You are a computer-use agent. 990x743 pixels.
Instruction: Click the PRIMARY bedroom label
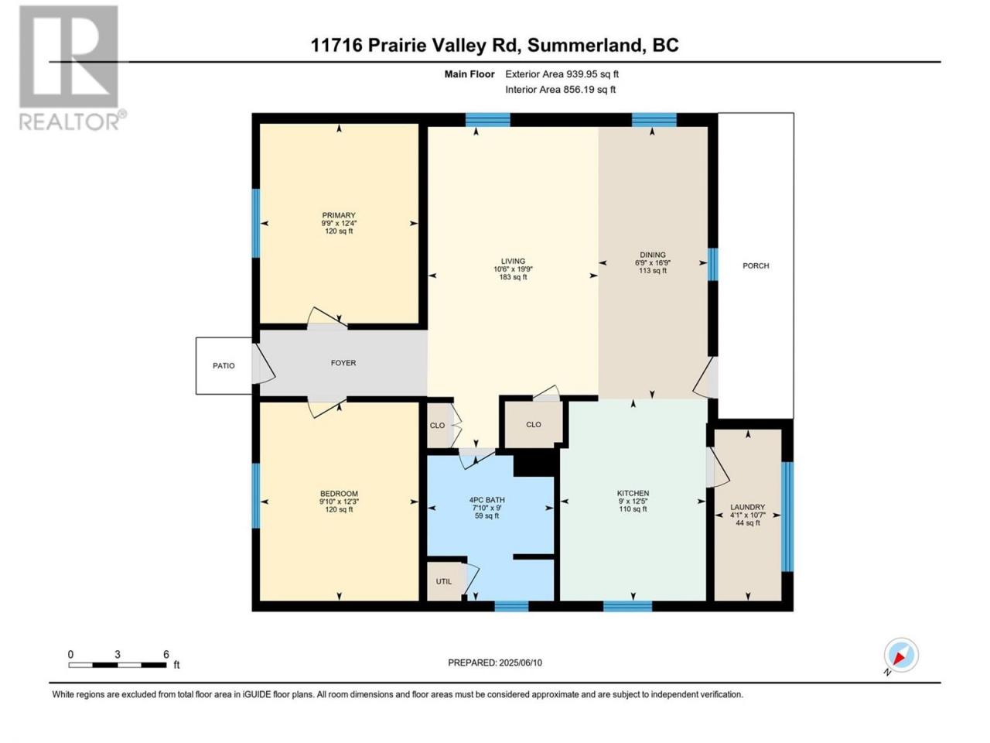coord(338,215)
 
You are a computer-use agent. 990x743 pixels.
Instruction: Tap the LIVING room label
coord(513,261)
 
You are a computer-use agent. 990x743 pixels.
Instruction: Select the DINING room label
coord(652,255)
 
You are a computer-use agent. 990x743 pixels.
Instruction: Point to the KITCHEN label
coord(633,494)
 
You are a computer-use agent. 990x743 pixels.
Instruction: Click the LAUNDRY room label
coord(747,507)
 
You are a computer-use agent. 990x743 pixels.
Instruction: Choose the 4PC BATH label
coord(486,500)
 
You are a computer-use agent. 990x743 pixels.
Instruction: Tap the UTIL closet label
coord(443,581)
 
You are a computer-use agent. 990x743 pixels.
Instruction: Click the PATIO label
coord(224,366)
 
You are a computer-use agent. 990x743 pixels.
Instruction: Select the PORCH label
coord(756,265)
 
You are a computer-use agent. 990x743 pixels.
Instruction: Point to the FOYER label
coord(343,363)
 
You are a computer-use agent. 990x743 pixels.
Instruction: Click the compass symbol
coord(901,655)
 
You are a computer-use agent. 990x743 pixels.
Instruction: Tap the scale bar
coord(118,665)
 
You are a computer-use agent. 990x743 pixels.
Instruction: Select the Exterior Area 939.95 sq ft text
coord(562,74)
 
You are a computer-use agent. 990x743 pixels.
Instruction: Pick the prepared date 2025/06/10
coord(521,663)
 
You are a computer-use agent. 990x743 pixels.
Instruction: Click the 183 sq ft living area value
coord(513,277)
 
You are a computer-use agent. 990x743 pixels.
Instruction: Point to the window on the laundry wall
coord(787,517)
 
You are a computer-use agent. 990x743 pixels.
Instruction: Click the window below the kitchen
coord(627,606)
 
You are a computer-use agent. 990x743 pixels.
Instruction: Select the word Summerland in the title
coord(585,46)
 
